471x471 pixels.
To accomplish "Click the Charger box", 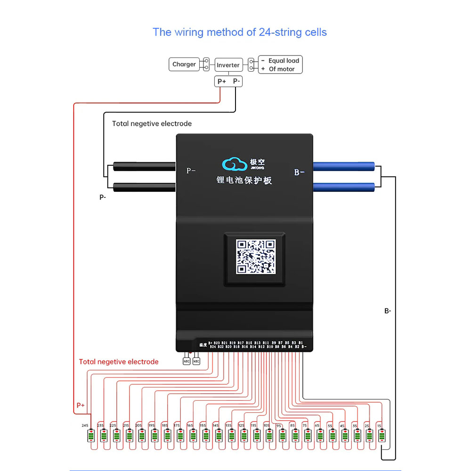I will click(x=184, y=65).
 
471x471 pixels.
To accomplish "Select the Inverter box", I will click(x=228, y=65).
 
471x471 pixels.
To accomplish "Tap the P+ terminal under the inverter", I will click(x=222, y=81).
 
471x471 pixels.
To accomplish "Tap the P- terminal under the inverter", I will click(x=237, y=81).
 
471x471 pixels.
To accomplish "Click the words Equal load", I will click(x=284, y=61).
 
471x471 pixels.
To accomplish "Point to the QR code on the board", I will click(x=255, y=257).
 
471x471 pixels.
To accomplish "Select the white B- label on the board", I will click(x=300, y=172).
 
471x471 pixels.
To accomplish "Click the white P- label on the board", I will click(x=191, y=171).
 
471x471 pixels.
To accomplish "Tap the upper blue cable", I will click(x=344, y=166).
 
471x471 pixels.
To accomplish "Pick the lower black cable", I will click(x=144, y=187).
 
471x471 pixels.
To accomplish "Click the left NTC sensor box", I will click(x=187, y=361).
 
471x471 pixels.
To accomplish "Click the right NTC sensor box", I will click(x=197, y=361).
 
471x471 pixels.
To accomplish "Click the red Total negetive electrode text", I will click(x=119, y=362).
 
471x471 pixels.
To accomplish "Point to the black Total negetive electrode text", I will click(x=152, y=123).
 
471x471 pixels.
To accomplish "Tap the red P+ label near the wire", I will click(x=81, y=405).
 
